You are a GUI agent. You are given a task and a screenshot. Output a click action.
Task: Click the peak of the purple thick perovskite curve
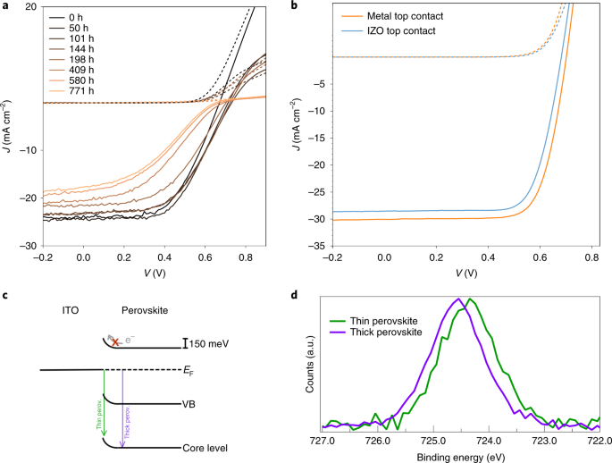(x=457, y=299)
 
